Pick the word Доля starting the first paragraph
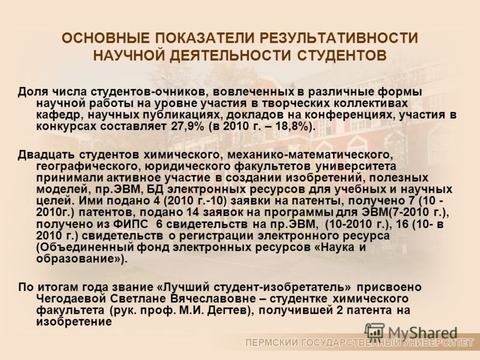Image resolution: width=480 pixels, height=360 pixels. pyautogui.click(x=32, y=92)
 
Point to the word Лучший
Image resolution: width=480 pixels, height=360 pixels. pyautogui.click(x=183, y=287)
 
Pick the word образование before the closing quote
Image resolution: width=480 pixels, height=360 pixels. pyautogui.click(x=76, y=259)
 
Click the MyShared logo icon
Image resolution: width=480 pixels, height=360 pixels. pyautogui.click(x=376, y=332)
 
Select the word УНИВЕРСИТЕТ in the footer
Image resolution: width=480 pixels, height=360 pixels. pyautogui.click(x=439, y=343)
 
